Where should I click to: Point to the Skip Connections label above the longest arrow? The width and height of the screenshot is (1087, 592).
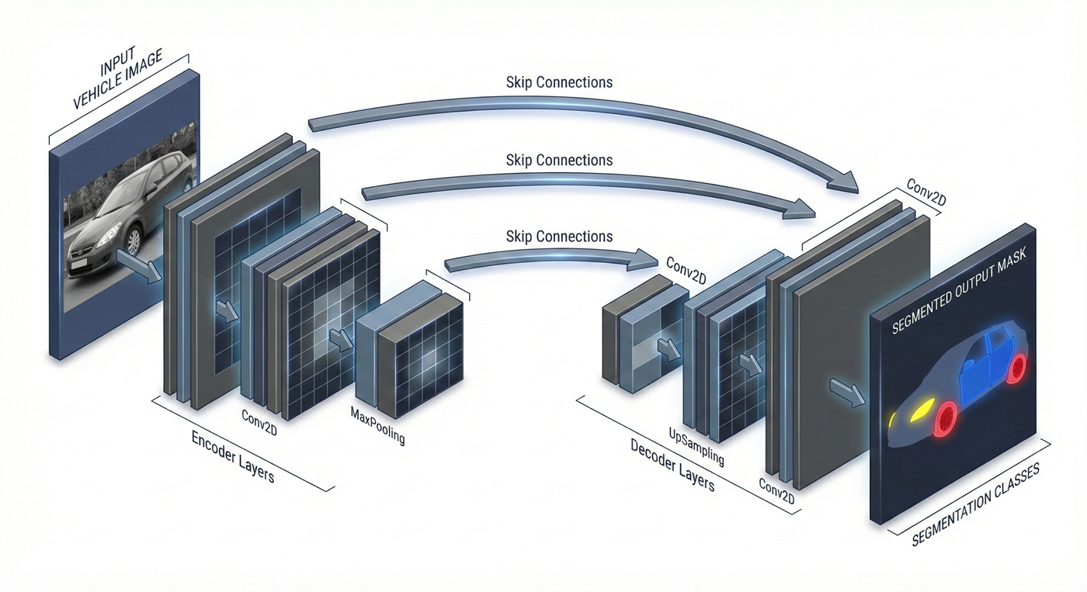[559, 82]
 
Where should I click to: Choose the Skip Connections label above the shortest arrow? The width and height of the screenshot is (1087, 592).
[559, 236]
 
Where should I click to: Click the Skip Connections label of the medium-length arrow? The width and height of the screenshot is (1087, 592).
[559, 161]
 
